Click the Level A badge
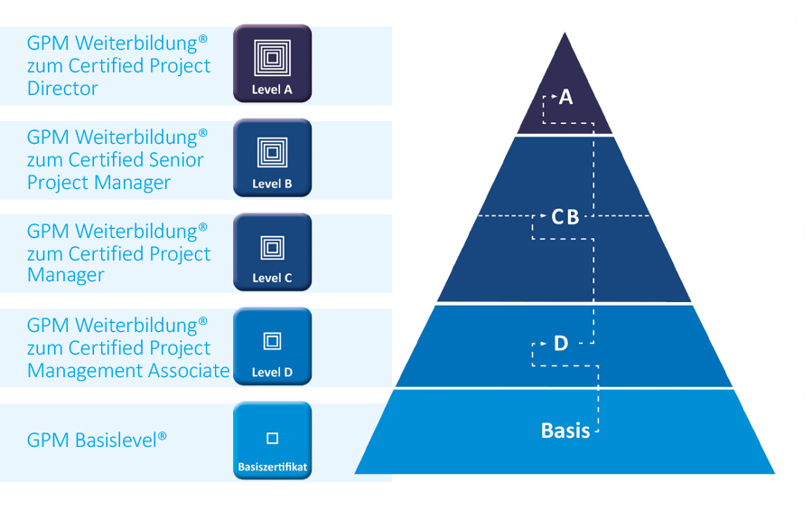pyautogui.click(x=272, y=63)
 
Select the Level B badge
pyautogui.click(x=272, y=157)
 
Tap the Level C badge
pyautogui.click(x=272, y=251)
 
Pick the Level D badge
pyautogui.click(x=272, y=346)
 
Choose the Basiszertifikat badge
pyautogui.click(x=272, y=441)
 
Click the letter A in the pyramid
pyautogui.click(x=566, y=97)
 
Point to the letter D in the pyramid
pyautogui.click(x=561, y=344)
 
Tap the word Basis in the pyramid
pyautogui.click(x=565, y=430)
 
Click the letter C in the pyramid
pyautogui.click(x=557, y=217)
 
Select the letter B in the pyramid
pyautogui.click(x=573, y=217)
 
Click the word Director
pyautogui.click(x=62, y=89)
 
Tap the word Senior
pyautogui.click(x=175, y=160)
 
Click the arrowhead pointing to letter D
pyautogui.click(x=544, y=344)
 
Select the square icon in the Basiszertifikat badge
pyautogui.click(x=272, y=439)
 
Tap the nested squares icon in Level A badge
pyautogui.click(x=272, y=58)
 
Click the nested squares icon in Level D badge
pyautogui.click(x=272, y=341)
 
